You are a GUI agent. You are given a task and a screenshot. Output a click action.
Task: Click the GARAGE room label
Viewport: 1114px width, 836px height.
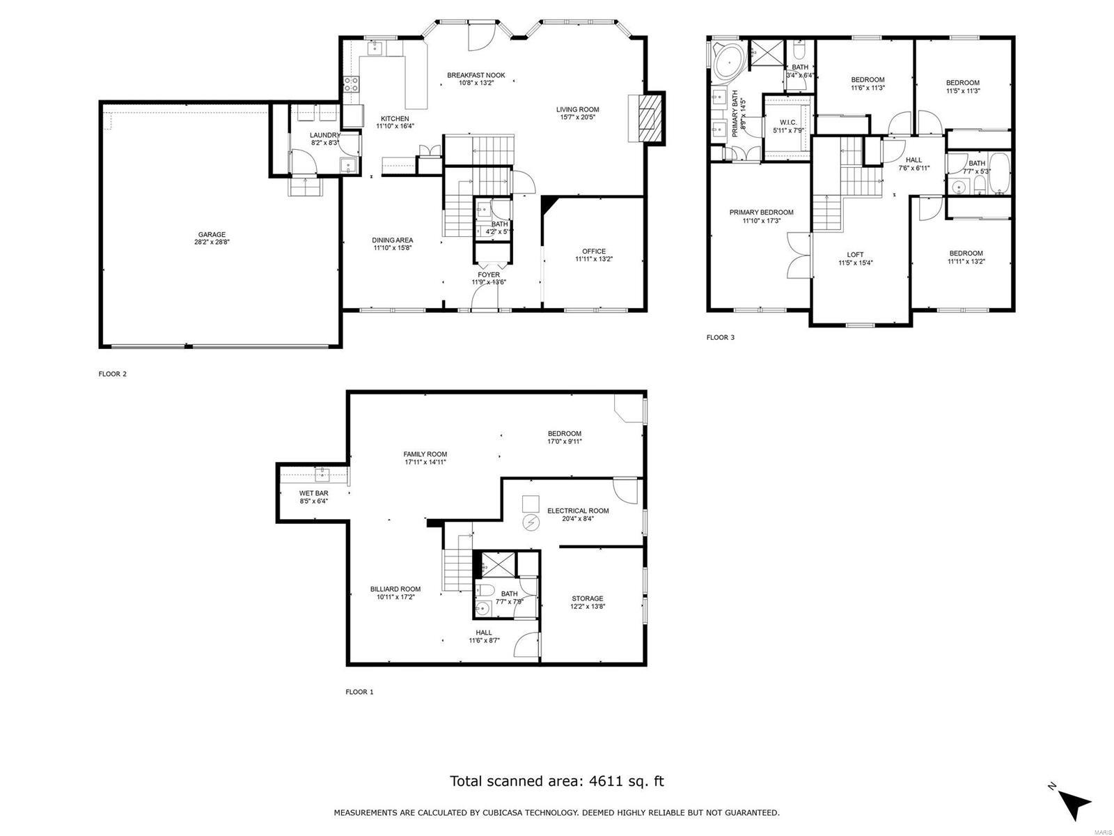click(211, 235)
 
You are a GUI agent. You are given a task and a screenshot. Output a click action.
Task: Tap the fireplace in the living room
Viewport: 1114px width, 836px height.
click(648, 118)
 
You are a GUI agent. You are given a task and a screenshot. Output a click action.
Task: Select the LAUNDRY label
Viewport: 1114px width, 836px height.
click(325, 135)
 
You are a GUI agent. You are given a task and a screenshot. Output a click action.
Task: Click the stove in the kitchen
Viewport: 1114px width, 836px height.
click(351, 84)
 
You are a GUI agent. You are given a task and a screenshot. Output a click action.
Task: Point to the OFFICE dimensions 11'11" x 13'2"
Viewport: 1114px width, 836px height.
click(593, 259)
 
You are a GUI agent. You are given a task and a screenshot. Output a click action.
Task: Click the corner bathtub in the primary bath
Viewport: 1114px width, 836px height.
click(728, 61)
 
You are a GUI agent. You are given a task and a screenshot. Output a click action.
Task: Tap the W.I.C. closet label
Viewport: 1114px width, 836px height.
click(788, 122)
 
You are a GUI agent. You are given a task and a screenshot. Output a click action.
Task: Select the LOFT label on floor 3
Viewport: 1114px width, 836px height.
click(855, 254)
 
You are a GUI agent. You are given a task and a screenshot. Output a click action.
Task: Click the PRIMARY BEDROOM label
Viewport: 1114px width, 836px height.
click(761, 212)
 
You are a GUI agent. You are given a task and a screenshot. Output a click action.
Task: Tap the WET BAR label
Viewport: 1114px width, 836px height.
click(313, 493)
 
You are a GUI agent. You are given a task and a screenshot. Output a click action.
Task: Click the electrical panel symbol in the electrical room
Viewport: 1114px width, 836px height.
click(531, 522)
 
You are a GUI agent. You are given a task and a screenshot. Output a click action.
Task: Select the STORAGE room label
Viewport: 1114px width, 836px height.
click(587, 598)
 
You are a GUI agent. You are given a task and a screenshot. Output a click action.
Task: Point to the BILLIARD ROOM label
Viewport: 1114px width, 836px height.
click(395, 589)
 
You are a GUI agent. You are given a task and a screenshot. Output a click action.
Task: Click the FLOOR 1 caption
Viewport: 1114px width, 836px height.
click(359, 692)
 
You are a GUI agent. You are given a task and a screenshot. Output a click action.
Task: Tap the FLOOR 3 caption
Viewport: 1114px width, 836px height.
click(720, 337)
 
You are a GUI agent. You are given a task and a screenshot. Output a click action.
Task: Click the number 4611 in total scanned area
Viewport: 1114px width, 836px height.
click(604, 781)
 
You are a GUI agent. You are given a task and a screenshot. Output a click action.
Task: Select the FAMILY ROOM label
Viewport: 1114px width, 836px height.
click(425, 454)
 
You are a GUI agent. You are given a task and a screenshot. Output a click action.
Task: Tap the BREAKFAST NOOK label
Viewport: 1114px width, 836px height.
click(476, 75)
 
